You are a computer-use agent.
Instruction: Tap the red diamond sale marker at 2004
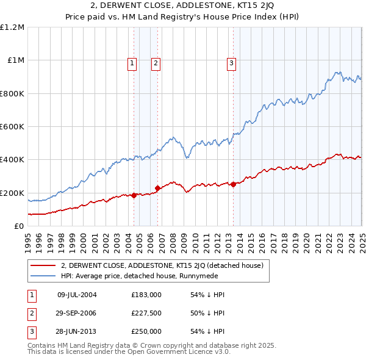pyautogui.click(x=134, y=195)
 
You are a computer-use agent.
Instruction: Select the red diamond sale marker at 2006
pyautogui.click(x=157, y=188)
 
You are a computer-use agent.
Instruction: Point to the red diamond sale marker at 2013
pyautogui.click(x=233, y=184)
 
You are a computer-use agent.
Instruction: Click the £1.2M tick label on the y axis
pyautogui.click(x=12, y=27)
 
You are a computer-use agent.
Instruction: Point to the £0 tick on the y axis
pyautogui.click(x=18, y=226)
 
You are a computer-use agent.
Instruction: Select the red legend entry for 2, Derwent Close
pyautogui.click(x=162, y=265)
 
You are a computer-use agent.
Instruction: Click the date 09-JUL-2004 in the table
pyautogui.click(x=77, y=295)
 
